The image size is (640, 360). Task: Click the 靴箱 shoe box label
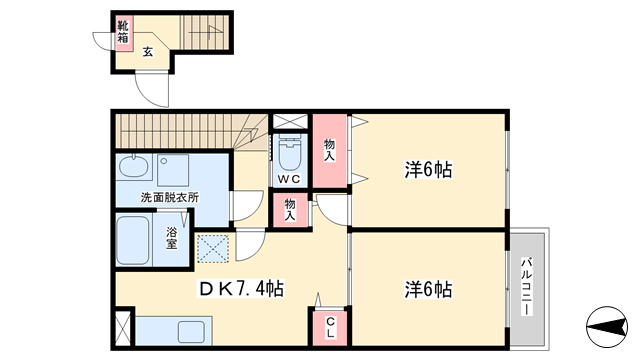pos(123,32)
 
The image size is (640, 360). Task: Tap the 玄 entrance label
pos(148,52)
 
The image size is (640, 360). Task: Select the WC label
pos(289,179)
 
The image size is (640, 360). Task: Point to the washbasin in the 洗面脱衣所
pos(133,167)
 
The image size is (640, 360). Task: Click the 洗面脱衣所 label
pos(170,198)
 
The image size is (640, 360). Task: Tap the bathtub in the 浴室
pos(133,240)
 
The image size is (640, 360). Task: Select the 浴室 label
pos(171,238)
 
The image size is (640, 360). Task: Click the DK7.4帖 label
pos(241,289)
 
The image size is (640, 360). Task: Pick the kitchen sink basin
pos(191,331)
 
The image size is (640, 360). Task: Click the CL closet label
pos(330,328)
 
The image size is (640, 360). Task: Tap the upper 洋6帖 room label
pos(428,169)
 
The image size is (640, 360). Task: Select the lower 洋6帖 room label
pos(428,289)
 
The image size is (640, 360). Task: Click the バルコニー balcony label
pos(527,286)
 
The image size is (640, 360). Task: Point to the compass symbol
pos(607,327)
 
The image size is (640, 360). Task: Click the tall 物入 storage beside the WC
pos(330,150)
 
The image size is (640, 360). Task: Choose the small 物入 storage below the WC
pos(290,210)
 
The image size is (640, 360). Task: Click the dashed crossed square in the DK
pos(213,249)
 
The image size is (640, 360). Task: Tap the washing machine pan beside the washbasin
pos(173,170)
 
